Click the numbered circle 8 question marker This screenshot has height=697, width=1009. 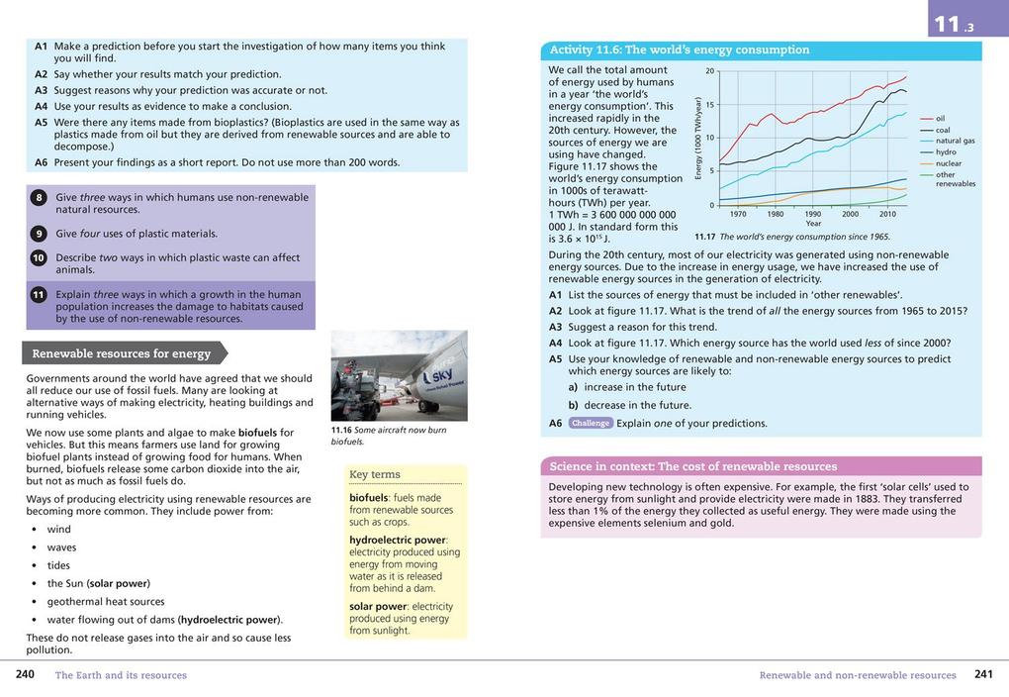(x=39, y=198)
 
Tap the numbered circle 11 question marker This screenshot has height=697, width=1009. (x=39, y=294)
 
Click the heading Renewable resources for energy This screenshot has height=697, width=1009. (x=121, y=353)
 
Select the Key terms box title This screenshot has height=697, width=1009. (x=375, y=474)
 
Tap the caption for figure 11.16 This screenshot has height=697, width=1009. (x=389, y=436)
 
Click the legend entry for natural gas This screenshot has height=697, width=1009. (x=955, y=141)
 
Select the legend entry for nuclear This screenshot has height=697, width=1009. (x=948, y=163)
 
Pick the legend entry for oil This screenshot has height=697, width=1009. (x=940, y=119)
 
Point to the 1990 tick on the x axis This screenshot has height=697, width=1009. (x=812, y=214)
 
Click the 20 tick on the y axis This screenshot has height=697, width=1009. (x=709, y=71)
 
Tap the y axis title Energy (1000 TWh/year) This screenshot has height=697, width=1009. (x=698, y=138)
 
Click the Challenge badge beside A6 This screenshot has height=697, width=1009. (x=591, y=424)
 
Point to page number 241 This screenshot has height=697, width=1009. (x=983, y=675)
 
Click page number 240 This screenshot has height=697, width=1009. (x=26, y=675)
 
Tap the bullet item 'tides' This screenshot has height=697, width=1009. (x=60, y=565)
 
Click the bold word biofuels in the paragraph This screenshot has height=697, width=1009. (x=257, y=433)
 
